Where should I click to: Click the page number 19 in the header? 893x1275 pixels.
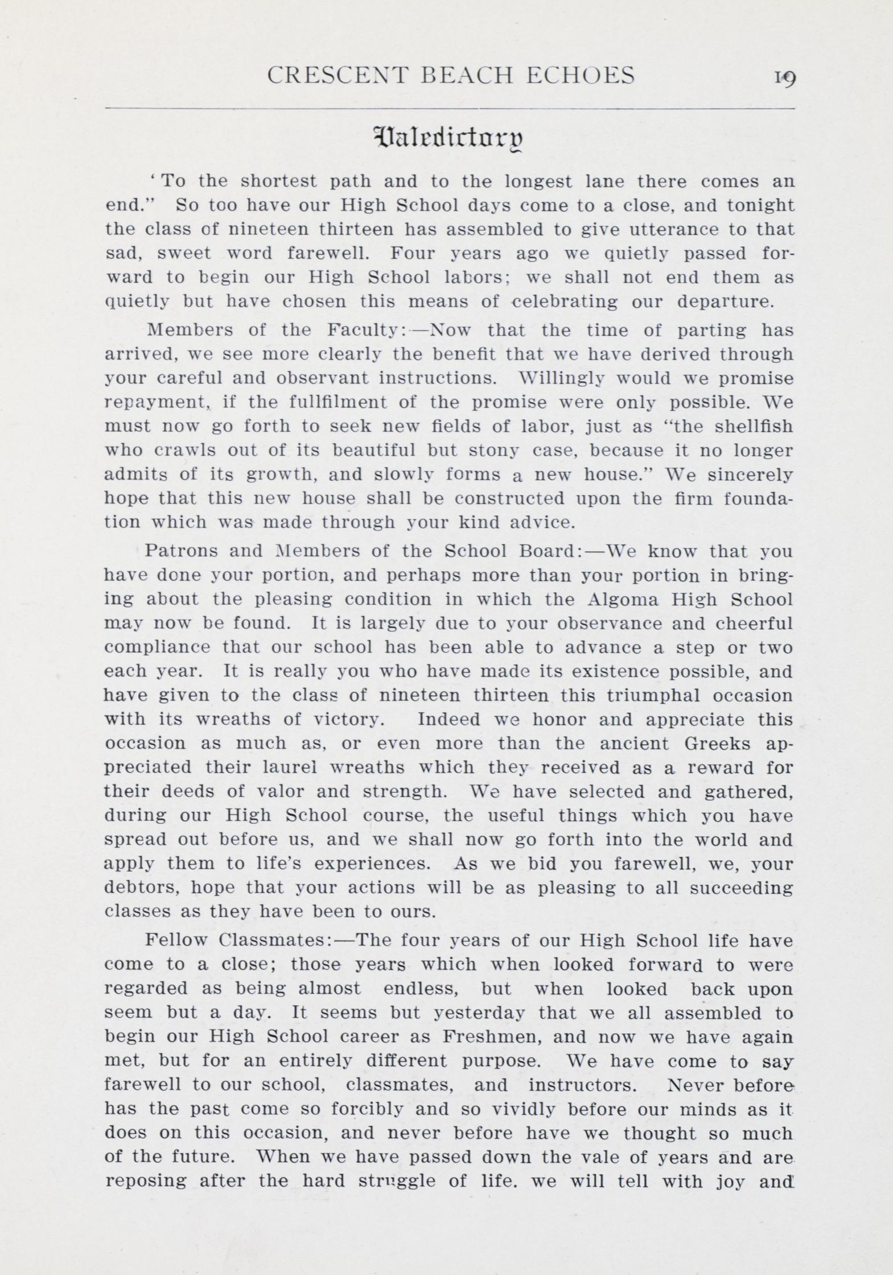[x=784, y=77]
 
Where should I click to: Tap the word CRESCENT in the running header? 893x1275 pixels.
[x=338, y=76]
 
